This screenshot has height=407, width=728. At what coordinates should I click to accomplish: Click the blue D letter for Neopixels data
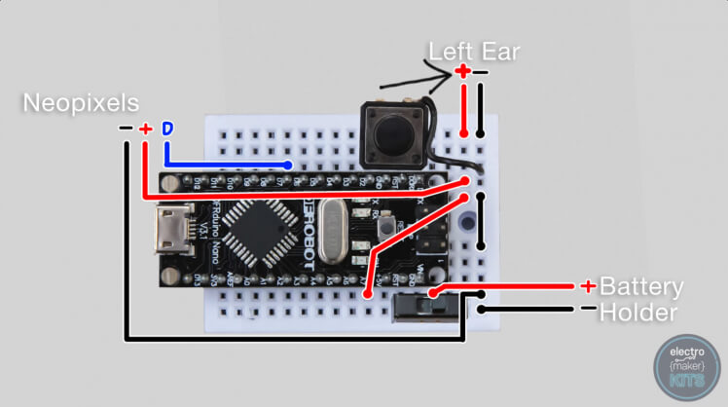(x=167, y=128)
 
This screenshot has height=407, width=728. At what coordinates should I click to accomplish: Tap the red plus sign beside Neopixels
(x=145, y=129)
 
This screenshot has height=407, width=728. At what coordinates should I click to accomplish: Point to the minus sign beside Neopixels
(x=126, y=129)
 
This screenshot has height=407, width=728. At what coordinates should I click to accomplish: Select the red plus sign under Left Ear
(x=463, y=71)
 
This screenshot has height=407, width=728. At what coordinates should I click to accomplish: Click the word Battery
(x=640, y=287)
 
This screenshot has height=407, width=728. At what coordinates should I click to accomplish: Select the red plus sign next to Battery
(x=588, y=286)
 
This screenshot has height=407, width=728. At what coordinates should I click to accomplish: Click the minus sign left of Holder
(x=588, y=310)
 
